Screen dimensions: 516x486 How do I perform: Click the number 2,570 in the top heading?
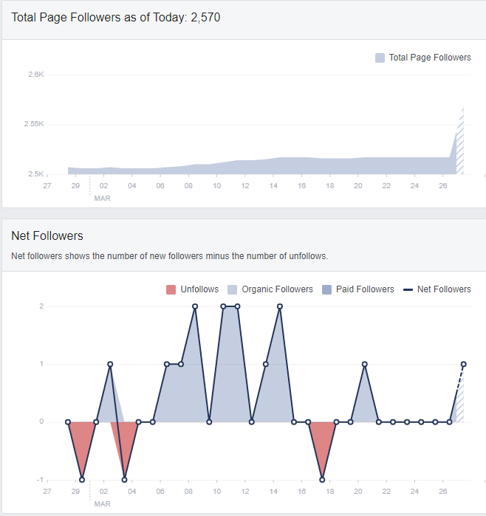(205, 17)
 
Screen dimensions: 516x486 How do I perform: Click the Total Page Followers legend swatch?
(380, 58)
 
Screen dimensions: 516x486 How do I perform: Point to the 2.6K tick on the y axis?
(36, 75)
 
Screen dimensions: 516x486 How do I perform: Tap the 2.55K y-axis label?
(34, 124)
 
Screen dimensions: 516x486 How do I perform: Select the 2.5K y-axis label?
(36, 174)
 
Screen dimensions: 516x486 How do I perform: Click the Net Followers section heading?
(47, 236)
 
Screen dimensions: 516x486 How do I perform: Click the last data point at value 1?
(464, 364)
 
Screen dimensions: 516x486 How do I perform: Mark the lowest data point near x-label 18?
(322, 480)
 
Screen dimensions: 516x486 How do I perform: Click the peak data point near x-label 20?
(365, 364)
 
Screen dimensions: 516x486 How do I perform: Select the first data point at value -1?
(82, 480)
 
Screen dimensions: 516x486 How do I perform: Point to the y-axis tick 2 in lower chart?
(41, 306)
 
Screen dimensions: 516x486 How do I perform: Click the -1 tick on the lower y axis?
(40, 480)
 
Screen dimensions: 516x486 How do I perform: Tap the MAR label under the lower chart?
(102, 503)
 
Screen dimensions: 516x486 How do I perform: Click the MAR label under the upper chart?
(102, 199)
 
